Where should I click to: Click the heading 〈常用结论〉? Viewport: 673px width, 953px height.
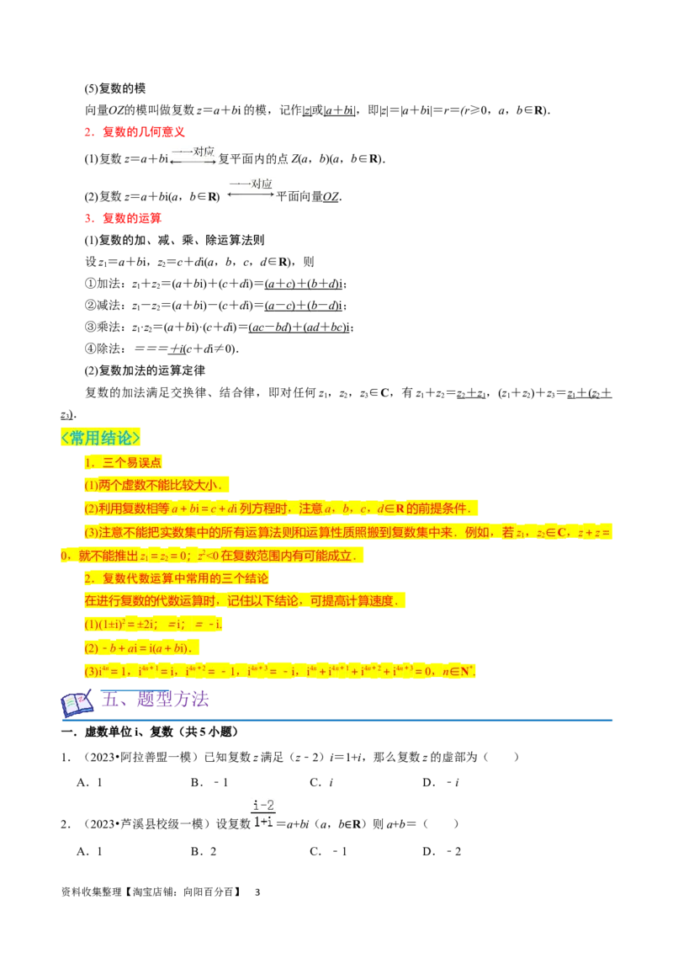pyautogui.click(x=100, y=439)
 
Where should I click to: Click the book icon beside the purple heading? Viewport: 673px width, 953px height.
pyautogui.click(x=77, y=703)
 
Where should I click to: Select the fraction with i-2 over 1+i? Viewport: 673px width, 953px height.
pyautogui.click(x=266, y=812)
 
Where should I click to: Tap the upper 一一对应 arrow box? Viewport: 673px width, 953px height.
pyautogui.click(x=193, y=155)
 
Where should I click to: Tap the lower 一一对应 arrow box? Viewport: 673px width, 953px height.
pyautogui.click(x=252, y=189)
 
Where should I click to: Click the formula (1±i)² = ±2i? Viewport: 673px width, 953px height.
pyautogui.click(x=126, y=625)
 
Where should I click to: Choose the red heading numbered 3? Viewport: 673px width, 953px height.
pyautogui.click(x=123, y=219)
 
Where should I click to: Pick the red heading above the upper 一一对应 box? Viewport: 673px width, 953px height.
pyautogui.click(x=135, y=130)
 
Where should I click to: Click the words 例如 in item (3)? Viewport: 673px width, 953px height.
pyautogui.click(x=479, y=532)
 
